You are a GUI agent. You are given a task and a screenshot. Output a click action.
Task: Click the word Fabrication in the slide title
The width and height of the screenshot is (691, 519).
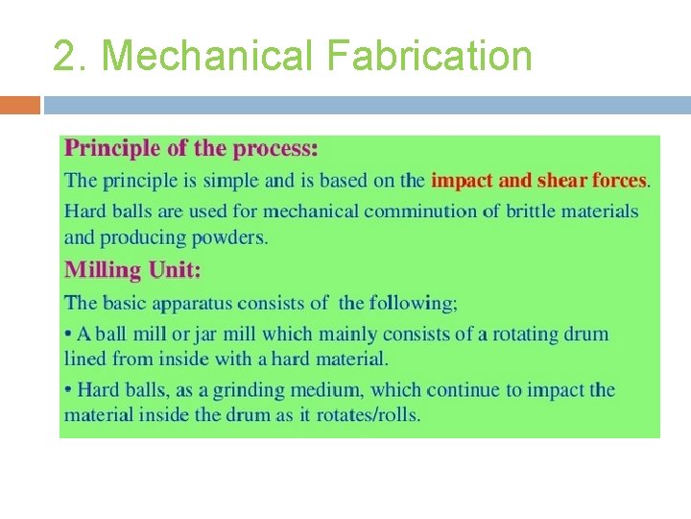point(429,56)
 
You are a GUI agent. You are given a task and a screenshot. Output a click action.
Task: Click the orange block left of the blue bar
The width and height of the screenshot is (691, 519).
point(20,104)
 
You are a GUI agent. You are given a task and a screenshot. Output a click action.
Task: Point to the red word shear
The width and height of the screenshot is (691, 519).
point(561,180)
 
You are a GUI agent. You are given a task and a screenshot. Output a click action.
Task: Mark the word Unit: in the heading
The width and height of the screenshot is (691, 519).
point(174,271)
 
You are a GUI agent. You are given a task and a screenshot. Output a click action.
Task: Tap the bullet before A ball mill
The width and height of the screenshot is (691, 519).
point(68,334)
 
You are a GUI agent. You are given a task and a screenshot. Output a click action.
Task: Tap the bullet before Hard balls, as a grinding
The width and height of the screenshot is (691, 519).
point(68,390)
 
